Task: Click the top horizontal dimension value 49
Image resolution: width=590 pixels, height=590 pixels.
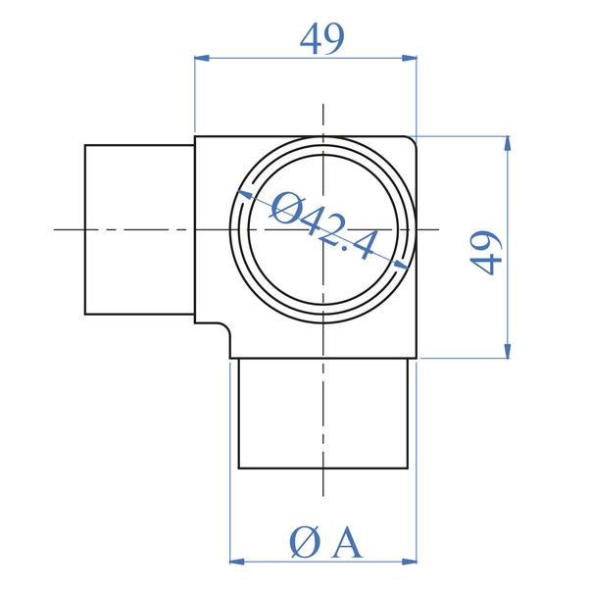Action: (322, 39)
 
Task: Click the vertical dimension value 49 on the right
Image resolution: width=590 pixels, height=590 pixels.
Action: (486, 253)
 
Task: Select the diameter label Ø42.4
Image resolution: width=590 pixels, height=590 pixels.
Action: (324, 226)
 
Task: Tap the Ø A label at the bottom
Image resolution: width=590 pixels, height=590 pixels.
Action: (325, 542)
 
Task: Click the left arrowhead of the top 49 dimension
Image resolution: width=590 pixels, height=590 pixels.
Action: (202, 58)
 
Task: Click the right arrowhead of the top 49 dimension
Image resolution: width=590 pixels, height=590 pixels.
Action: (410, 58)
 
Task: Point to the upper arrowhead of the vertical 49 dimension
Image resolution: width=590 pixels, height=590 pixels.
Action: (508, 143)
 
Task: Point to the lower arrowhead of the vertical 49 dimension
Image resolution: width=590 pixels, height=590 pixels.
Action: (508, 351)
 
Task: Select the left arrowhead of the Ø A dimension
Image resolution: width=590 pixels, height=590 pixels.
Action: (237, 562)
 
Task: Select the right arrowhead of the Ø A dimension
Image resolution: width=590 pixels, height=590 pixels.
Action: (410, 562)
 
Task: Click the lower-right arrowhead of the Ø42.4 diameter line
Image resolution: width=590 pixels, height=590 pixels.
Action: (402, 265)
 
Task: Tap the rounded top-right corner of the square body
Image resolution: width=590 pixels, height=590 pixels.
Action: (413, 140)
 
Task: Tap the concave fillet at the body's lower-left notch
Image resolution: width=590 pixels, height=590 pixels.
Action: (226, 327)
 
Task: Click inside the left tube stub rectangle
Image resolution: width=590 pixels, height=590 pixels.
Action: (139, 229)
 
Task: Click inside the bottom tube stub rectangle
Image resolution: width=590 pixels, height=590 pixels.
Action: (323, 414)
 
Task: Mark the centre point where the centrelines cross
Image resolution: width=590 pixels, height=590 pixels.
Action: (323, 229)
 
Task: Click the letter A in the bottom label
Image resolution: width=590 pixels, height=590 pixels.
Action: (348, 542)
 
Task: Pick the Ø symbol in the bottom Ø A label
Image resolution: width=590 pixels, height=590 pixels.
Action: (305, 543)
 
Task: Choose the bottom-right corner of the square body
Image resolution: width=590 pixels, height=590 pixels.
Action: (417, 359)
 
